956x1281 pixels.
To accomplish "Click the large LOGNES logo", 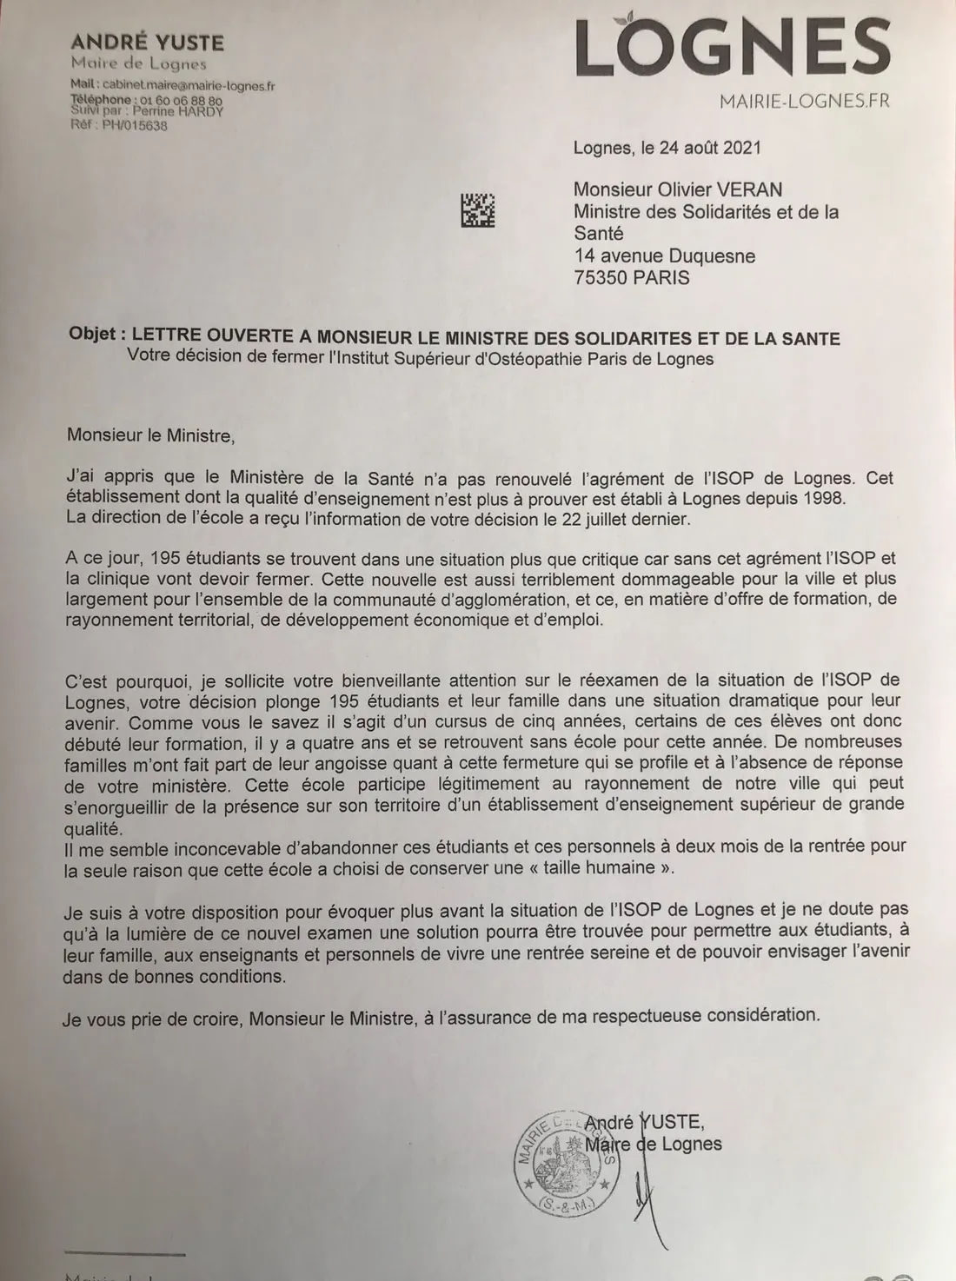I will point(733,49).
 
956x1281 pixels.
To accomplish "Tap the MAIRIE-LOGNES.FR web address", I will point(804,102).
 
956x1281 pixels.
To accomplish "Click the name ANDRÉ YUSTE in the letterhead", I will point(147,43).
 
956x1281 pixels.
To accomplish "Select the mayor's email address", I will point(188,85).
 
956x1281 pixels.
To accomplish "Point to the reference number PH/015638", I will point(135,125).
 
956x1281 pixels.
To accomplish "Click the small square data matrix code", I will point(477,210).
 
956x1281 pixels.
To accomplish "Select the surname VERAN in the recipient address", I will point(743,189).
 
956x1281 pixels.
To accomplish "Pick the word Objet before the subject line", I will point(93,335).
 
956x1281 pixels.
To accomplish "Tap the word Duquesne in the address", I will point(709,256).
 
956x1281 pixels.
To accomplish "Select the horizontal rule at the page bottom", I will point(124,1254).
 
